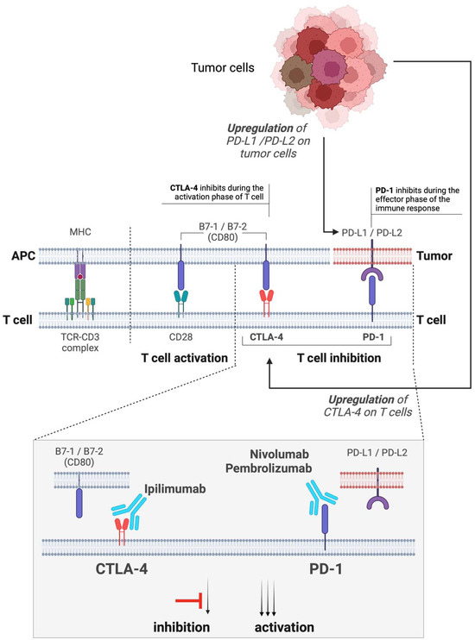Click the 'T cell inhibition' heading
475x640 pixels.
tap(316, 357)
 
